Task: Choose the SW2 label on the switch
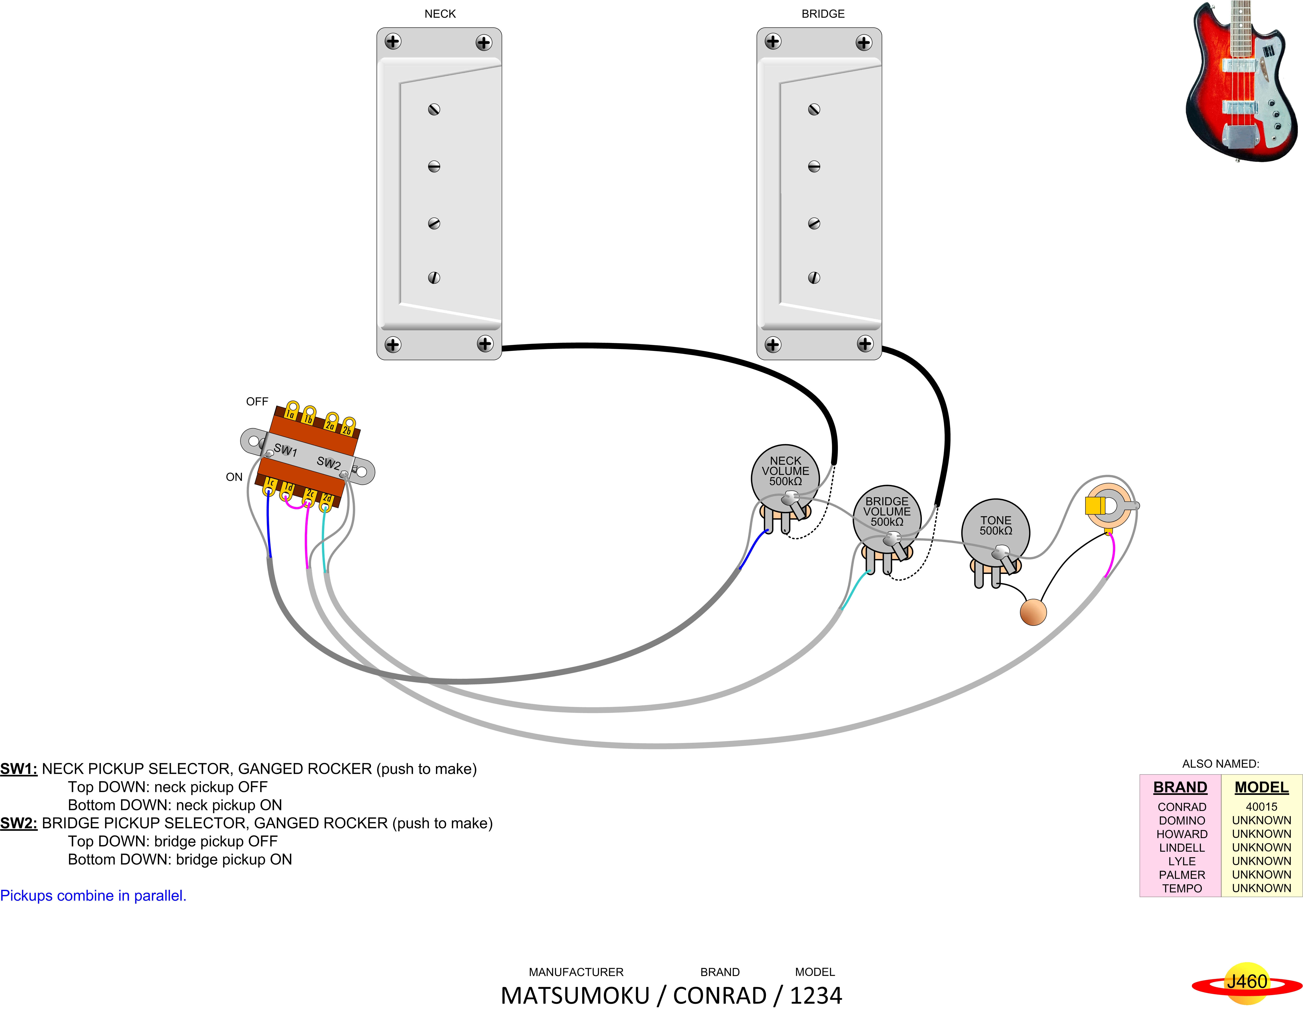(328, 463)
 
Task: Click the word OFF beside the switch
(257, 402)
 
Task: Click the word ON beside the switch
(234, 477)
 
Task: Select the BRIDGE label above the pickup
(823, 14)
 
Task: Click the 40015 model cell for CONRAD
(1261, 807)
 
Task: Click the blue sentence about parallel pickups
(93, 896)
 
